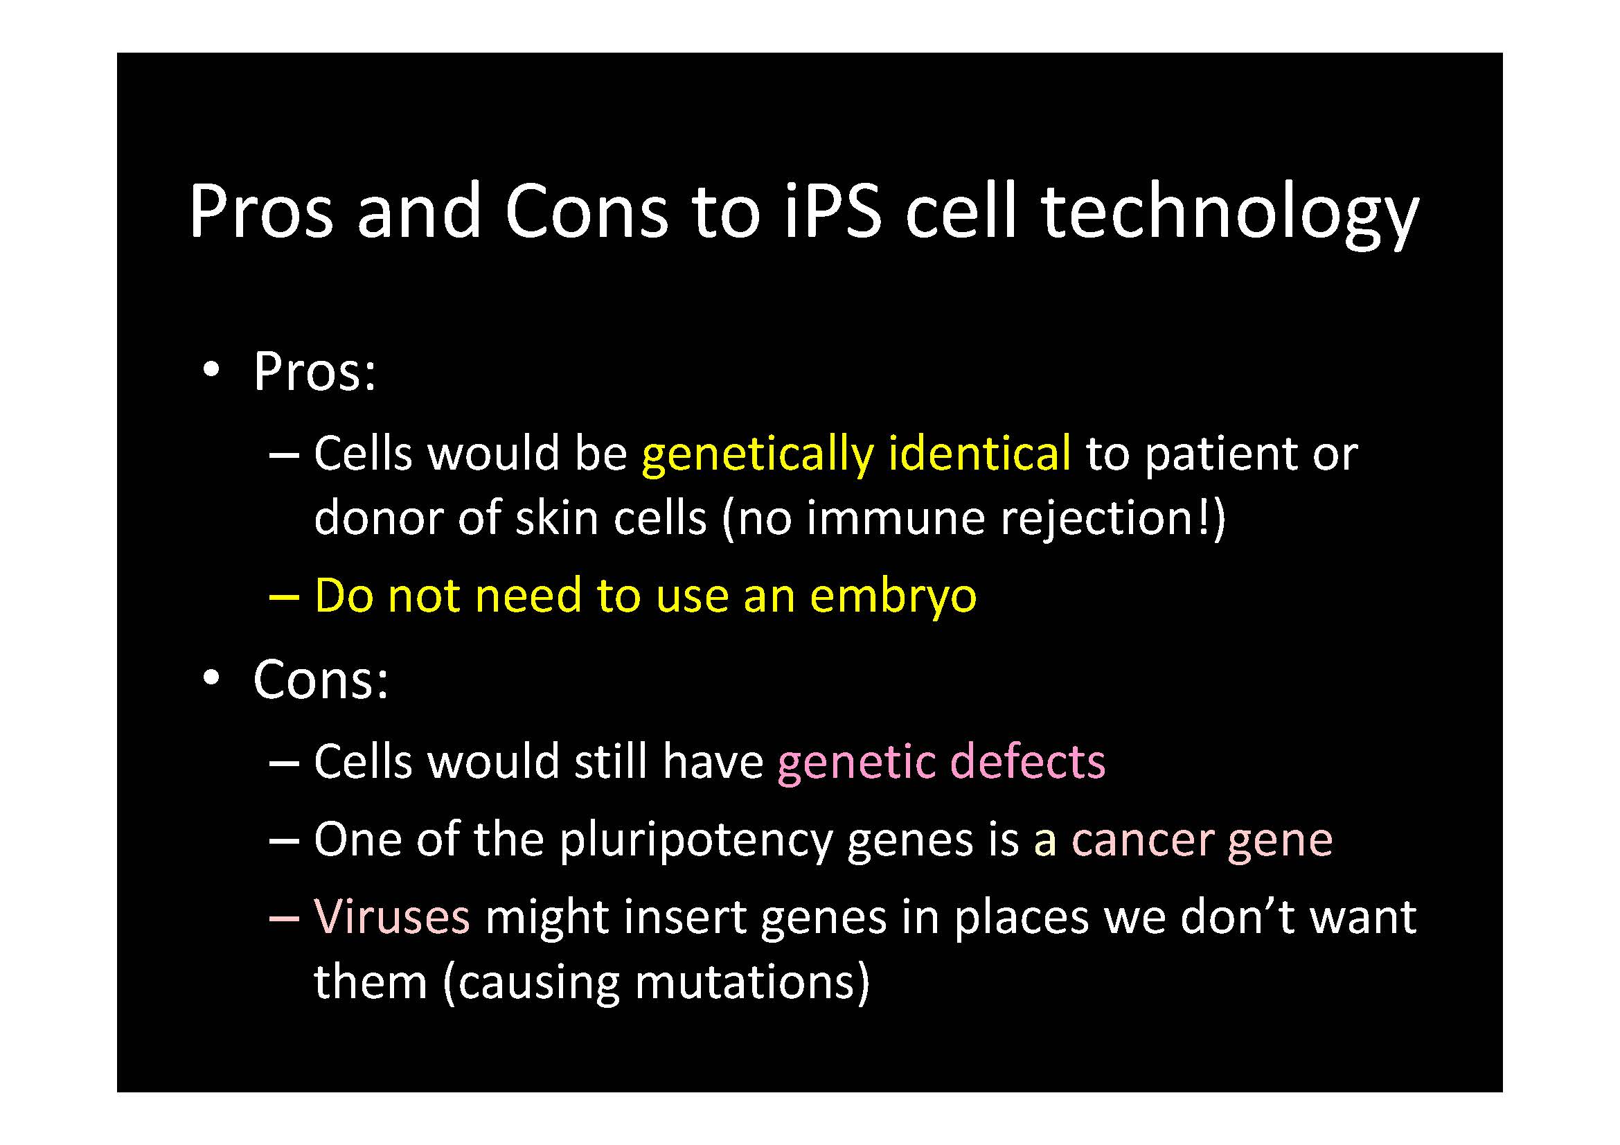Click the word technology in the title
pos(1230,214)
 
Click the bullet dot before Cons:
pos(211,677)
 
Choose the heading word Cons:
pos(321,679)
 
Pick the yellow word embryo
pos(893,597)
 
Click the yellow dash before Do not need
pos(285,597)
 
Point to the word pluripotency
pos(695,840)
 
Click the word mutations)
pos(752,982)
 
